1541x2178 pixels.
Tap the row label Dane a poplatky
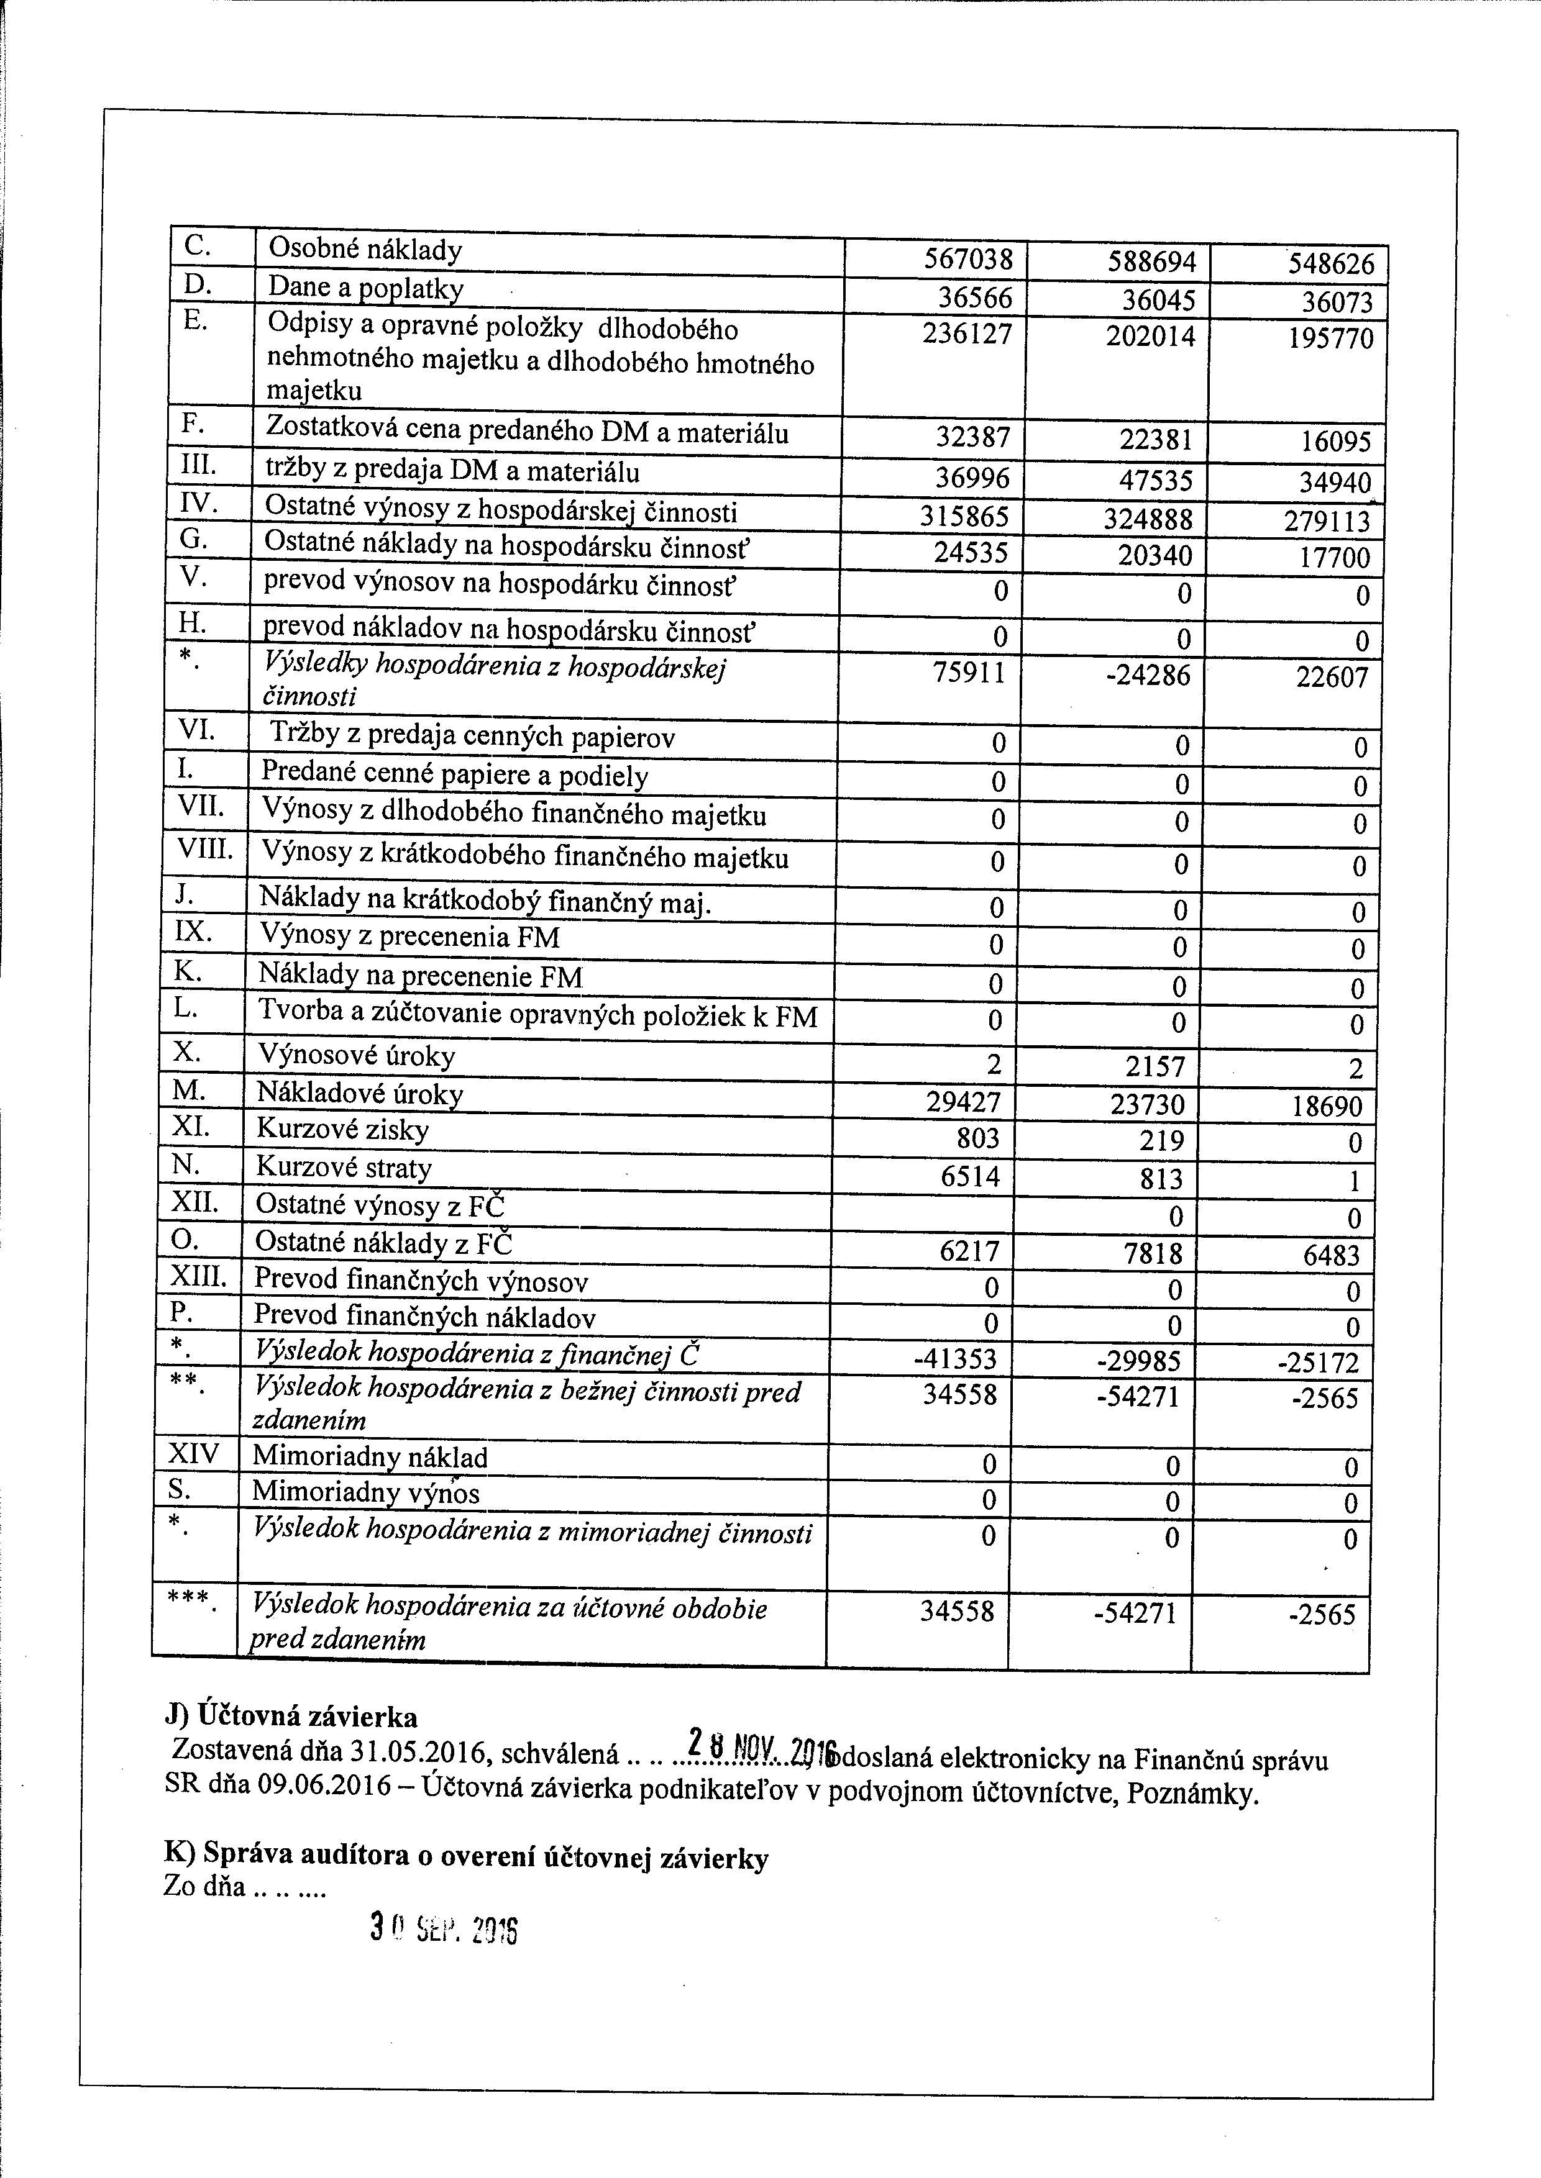pos(365,288)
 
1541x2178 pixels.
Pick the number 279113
pos(1334,522)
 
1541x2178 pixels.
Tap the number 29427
pos(962,1103)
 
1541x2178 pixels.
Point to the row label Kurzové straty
pos(344,1168)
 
